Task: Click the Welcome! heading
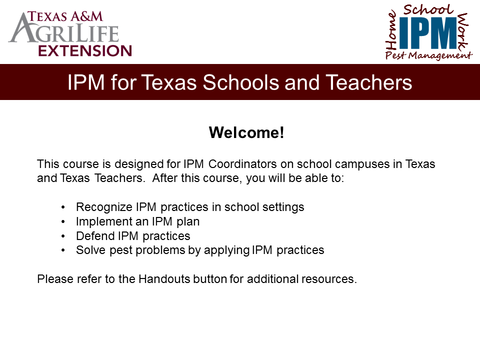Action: click(246, 133)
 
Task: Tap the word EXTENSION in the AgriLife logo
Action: click(85, 50)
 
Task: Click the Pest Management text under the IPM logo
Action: click(428, 55)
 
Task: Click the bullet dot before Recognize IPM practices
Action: click(63, 207)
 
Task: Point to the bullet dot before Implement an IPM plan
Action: click(63, 221)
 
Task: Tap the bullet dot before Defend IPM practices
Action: click(63, 236)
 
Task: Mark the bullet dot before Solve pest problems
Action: click(63, 250)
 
